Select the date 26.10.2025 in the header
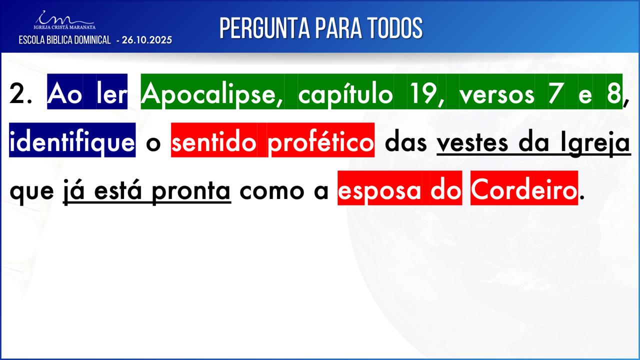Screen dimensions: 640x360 147,40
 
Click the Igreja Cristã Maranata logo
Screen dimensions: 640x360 64,20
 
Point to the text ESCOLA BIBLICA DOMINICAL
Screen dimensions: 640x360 64,40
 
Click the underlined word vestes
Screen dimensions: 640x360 472,143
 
